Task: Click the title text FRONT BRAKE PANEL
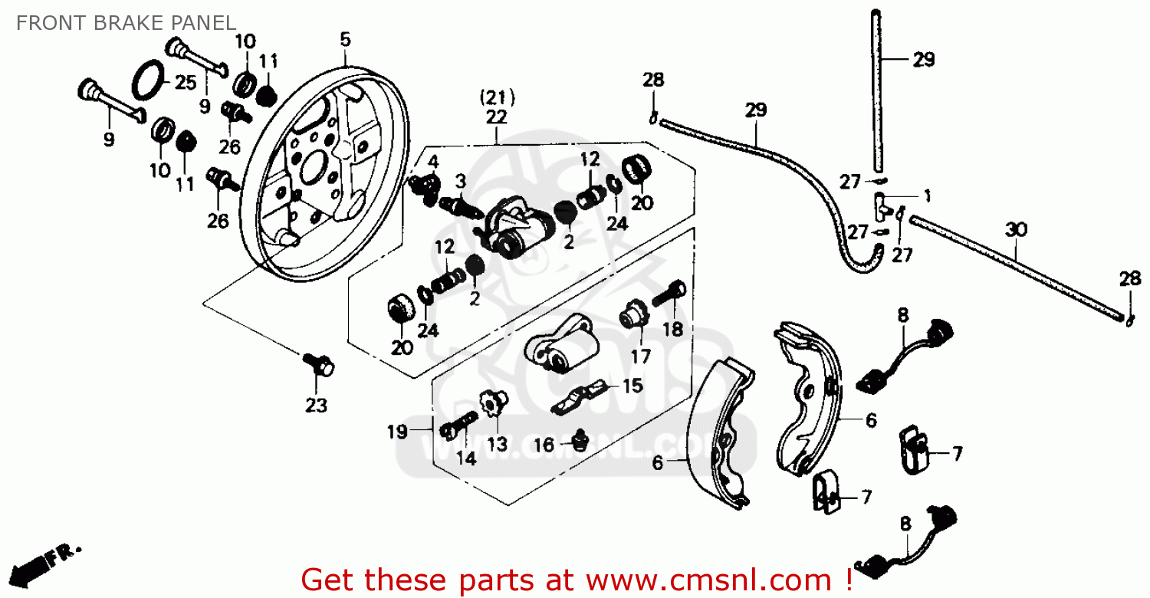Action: [x=126, y=23]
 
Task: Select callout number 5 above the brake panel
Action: [x=345, y=39]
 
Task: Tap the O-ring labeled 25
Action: [x=149, y=80]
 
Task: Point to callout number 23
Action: [x=316, y=406]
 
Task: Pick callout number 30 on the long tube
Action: [x=1016, y=229]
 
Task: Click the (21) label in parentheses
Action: [x=497, y=98]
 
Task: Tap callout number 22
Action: [x=497, y=117]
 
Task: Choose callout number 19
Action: [x=397, y=432]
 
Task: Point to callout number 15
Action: [x=632, y=386]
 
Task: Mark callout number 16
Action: [x=544, y=445]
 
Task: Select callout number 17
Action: [x=641, y=356]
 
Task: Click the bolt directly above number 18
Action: [x=669, y=292]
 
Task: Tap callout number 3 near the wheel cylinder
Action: [x=460, y=181]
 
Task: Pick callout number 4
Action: [x=432, y=162]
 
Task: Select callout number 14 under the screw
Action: [x=466, y=458]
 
